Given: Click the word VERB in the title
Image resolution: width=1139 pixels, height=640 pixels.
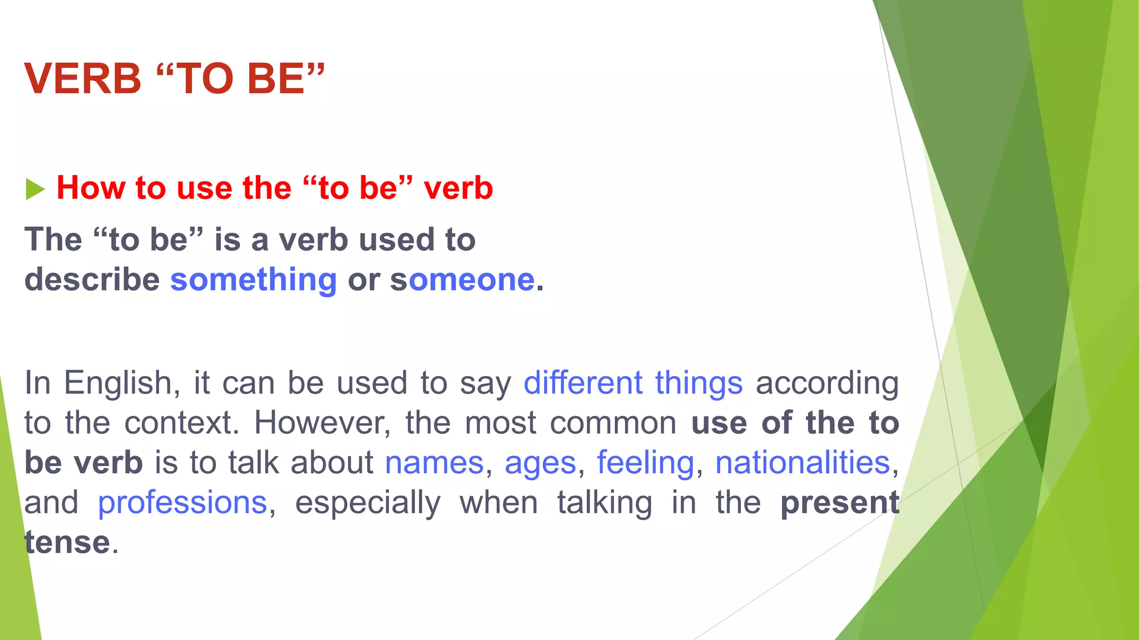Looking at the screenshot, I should pyautogui.click(x=83, y=79).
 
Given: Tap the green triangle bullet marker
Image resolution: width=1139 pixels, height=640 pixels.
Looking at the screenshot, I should pyautogui.click(x=34, y=189).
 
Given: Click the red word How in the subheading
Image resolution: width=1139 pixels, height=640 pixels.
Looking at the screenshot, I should pyautogui.click(x=91, y=188).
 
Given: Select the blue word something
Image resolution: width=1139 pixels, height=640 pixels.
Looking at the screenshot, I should pyautogui.click(x=254, y=279).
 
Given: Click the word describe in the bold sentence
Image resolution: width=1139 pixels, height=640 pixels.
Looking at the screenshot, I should pyautogui.click(x=92, y=279).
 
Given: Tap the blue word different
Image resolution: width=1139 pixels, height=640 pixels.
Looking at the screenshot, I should pyautogui.click(x=583, y=383).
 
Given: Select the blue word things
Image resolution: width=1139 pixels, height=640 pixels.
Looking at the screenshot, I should pyautogui.click(x=699, y=383).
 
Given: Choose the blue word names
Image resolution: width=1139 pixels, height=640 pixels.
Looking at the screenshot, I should pyautogui.click(x=434, y=463).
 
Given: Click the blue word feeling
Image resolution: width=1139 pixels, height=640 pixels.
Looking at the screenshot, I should pyautogui.click(x=645, y=463).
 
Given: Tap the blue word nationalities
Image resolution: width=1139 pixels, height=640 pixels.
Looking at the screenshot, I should pyautogui.click(x=803, y=463).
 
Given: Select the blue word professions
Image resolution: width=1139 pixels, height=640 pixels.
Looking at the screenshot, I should pyautogui.click(x=182, y=503).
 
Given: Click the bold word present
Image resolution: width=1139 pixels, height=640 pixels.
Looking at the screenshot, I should pyautogui.click(x=840, y=503).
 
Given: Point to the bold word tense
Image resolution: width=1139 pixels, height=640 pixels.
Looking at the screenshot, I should pyautogui.click(x=68, y=543).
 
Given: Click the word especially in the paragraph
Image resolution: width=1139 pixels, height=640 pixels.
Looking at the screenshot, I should pyautogui.click(x=368, y=503).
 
